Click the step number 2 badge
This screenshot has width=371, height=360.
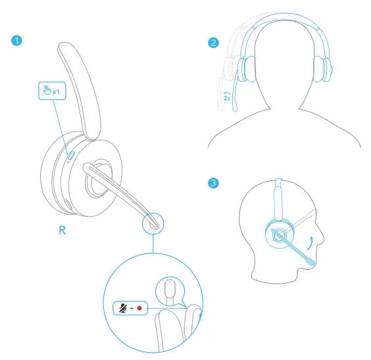click(x=212, y=44)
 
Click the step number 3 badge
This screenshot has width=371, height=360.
click(x=212, y=182)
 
